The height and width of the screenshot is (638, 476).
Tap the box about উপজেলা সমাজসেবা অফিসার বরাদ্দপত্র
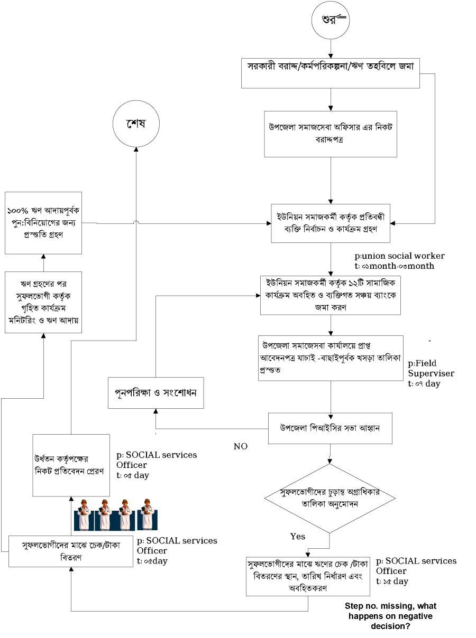[331, 133]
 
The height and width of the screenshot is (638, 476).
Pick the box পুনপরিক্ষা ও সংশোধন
[156, 392]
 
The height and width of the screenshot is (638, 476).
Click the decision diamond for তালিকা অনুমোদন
[330, 498]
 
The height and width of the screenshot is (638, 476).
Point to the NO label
[241, 446]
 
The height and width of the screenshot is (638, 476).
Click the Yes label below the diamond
[298, 536]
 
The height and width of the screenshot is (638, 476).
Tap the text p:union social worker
[408, 256]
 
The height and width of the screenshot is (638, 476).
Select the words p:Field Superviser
[431, 369]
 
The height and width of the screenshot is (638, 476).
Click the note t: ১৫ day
[392, 581]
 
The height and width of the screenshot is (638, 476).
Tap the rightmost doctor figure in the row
[147, 515]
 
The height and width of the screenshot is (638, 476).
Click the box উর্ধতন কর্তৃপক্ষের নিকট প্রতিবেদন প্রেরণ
[71, 465]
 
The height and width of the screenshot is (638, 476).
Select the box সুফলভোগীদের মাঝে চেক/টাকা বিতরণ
[71, 551]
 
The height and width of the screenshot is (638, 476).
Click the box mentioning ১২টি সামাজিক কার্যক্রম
[330, 296]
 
